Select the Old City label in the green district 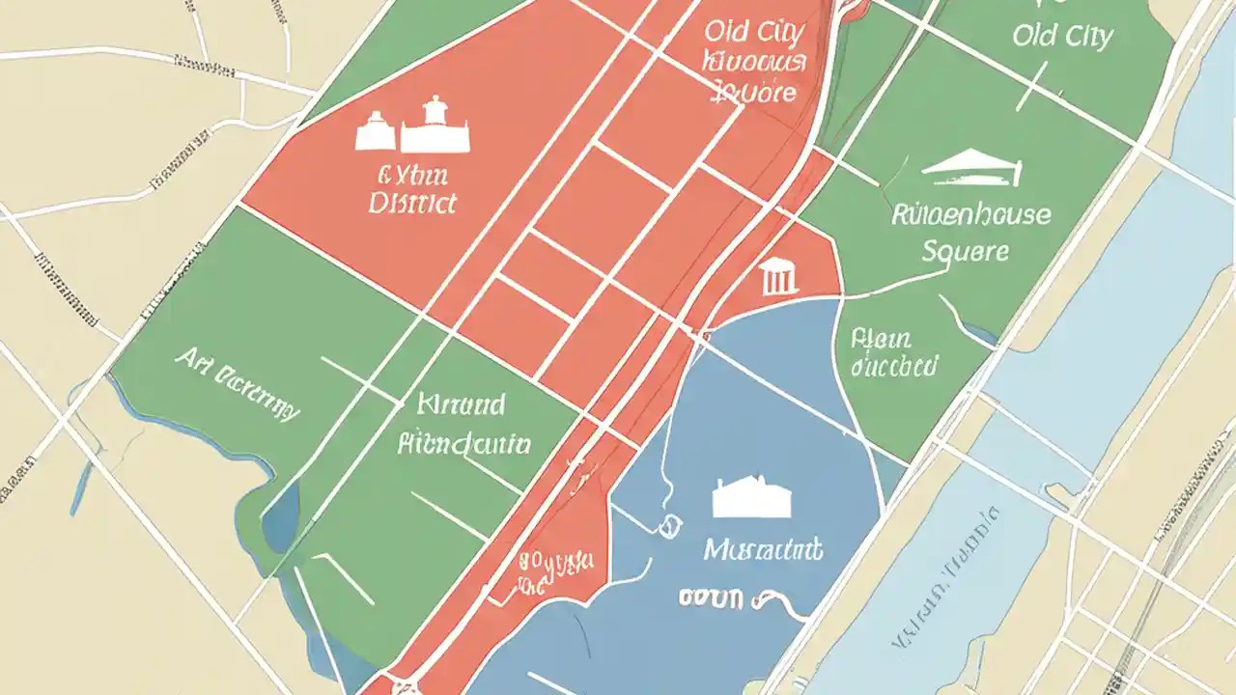[x=1062, y=36]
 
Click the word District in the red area [x=412, y=204]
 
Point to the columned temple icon [x=779, y=277]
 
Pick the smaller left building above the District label [x=375, y=132]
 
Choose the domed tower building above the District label [x=435, y=125]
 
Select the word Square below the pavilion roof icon [x=965, y=252]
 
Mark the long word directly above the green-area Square [x=970, y=213]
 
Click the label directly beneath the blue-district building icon [x=763, y=550]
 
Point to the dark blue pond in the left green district [x=281, y=513]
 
